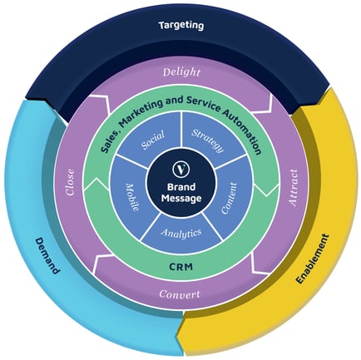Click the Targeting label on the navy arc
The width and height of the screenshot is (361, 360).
180,26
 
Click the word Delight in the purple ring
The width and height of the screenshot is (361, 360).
180,72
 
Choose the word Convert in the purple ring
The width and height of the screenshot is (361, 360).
180,293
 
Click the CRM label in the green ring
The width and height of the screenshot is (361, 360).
180,266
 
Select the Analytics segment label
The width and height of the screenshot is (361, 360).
180,234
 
